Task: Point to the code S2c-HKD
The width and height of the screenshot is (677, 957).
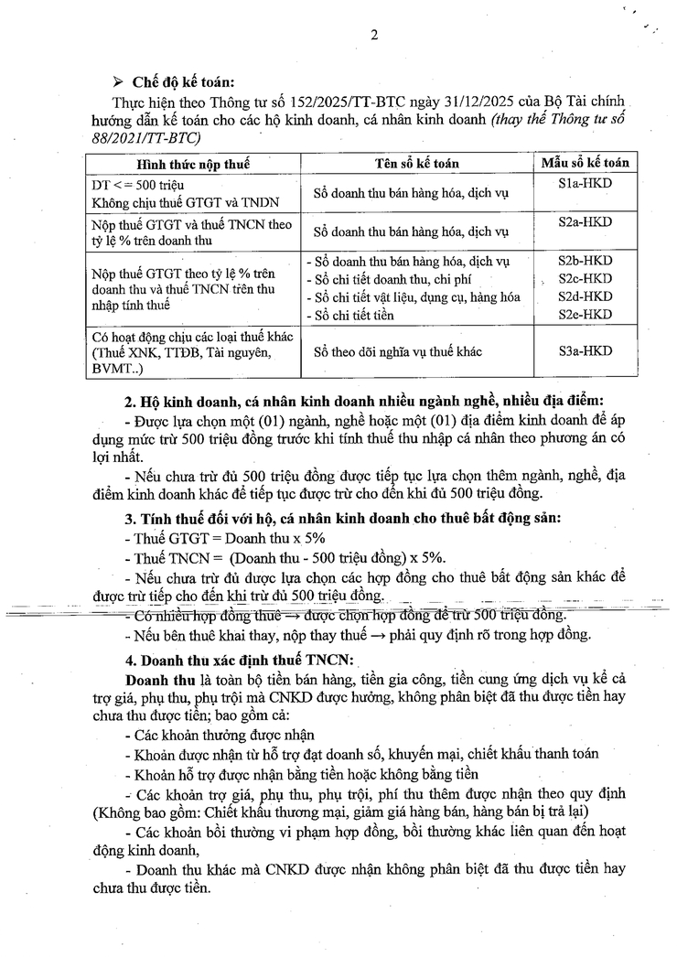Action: (x=585, y=278)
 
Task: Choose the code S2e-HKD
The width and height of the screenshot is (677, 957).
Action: (x=585, y=314)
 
